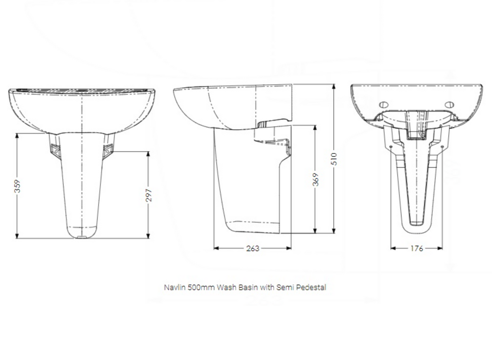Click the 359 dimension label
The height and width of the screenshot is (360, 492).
[x=17, y=186]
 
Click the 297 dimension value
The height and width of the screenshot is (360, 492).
[x=148, y=195]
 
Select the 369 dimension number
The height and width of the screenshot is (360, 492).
[x=316, y=179]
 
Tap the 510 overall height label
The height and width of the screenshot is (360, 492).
[x=334, y=158]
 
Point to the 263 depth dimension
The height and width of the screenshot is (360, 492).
[x=252, y=248]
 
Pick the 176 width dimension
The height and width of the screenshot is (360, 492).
[x=417, y=248]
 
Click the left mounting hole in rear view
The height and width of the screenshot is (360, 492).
[x=383, y=105]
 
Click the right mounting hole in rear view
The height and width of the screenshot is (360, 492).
[x=449, y=105]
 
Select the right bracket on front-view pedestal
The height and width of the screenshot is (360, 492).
[x=108, y=149]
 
